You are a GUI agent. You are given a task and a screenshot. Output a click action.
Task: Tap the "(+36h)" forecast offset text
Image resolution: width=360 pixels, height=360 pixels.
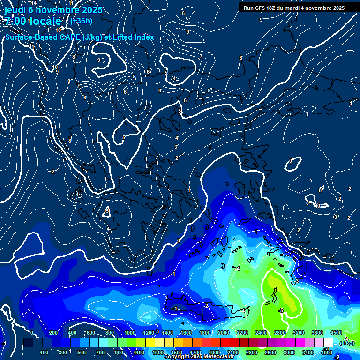coord(81,21)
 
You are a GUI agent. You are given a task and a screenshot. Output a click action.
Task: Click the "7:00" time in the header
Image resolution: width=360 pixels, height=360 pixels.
coord(16,21)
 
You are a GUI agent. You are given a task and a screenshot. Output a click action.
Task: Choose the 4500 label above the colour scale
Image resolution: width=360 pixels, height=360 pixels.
coord(336,333)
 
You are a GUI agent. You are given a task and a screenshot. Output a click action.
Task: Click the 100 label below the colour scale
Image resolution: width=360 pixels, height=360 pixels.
coord(44,352)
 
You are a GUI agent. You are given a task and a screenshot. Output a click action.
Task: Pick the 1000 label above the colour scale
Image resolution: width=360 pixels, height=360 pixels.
coord(130,333)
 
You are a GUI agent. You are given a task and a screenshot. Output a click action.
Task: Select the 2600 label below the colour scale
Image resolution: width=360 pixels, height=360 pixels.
coord(270,352)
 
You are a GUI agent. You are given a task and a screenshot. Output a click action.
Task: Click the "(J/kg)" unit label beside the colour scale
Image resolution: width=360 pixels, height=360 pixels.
coord(347,343)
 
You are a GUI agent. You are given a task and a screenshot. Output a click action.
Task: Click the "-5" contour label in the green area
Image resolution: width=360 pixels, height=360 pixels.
coord(281,311)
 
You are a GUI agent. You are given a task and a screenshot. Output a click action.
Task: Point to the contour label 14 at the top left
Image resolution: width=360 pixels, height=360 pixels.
coord(34,3)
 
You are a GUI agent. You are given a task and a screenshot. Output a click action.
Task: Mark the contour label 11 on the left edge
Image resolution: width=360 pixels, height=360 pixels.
coord(32,47)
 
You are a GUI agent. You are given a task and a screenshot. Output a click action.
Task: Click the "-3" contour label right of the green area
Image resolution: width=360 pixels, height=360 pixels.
coord(296,281)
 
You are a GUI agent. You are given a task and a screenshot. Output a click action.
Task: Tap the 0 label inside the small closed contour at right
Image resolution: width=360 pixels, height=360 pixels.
coord(291,161)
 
